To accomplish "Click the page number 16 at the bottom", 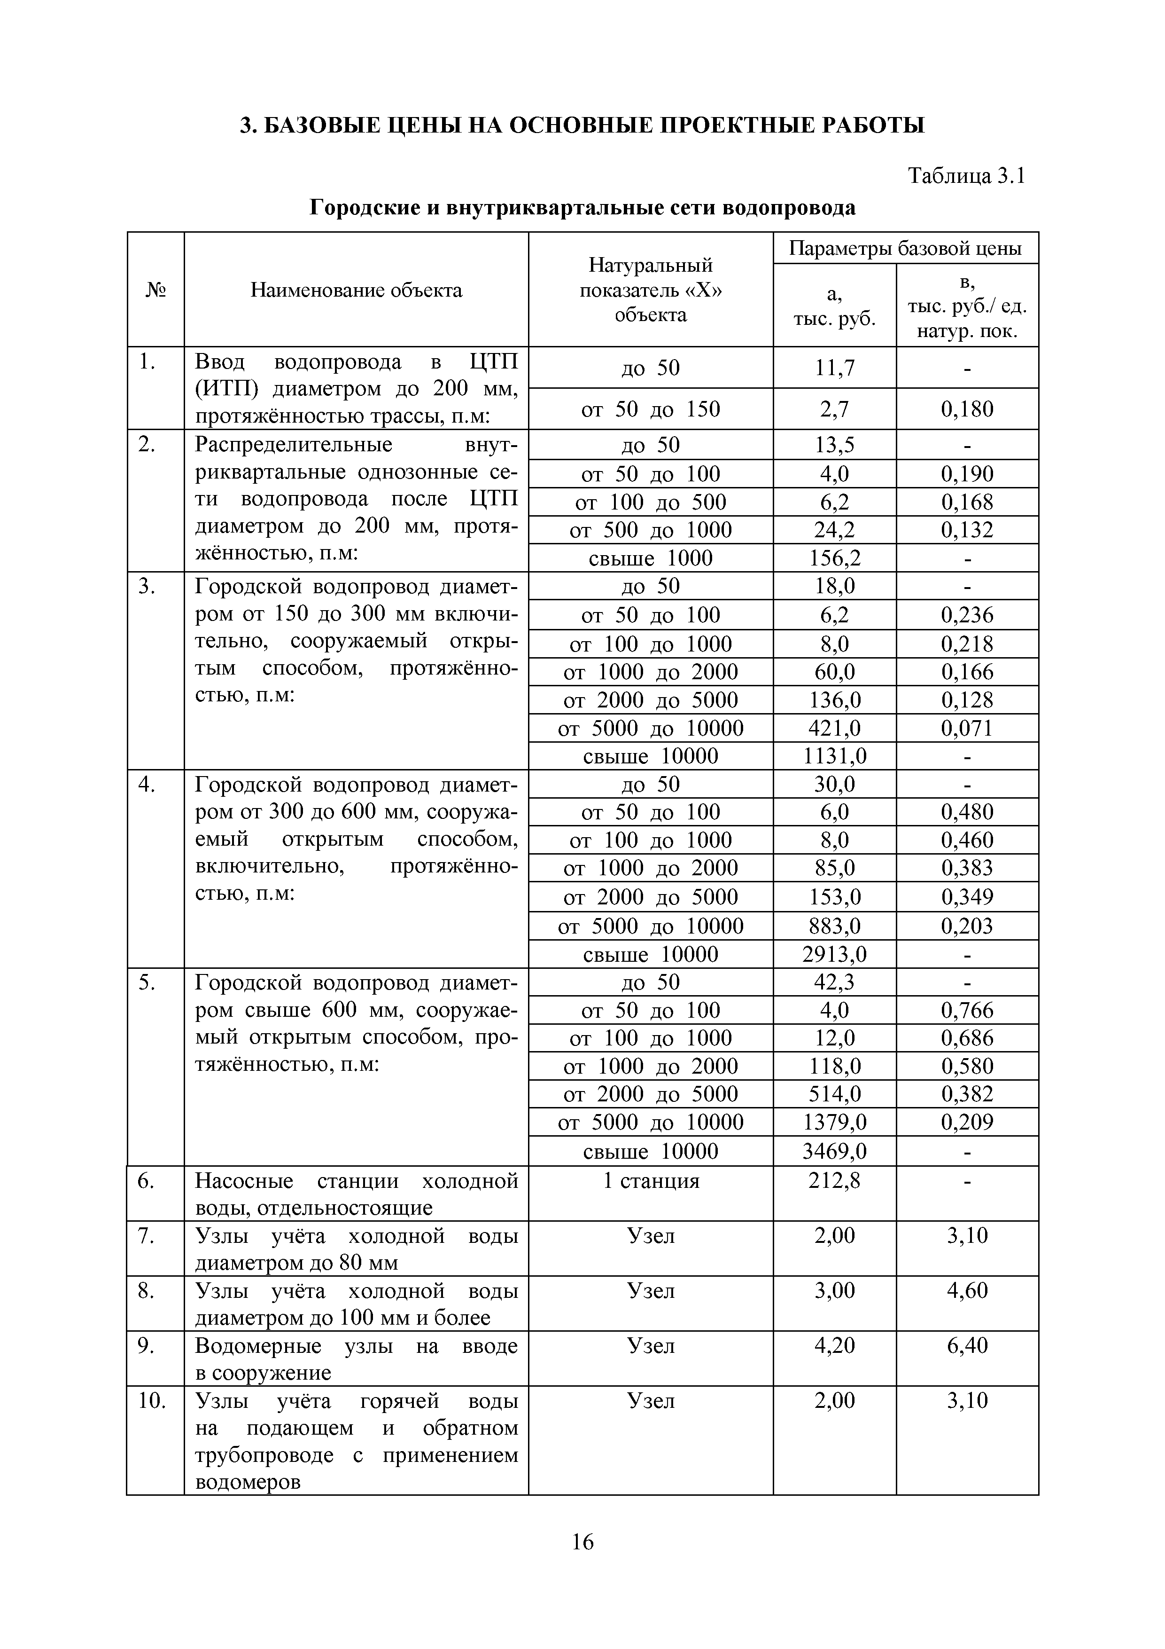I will [582, 1541].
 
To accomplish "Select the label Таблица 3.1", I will [966, 176].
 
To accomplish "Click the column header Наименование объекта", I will [356, 290].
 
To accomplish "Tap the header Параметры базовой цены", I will [905, 249].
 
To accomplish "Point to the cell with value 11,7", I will [834, 368].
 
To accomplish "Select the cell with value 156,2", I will [834, 558].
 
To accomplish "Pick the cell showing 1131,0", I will [834, 756].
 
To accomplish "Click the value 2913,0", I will [834, 955].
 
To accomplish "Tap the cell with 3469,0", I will [834, 1152].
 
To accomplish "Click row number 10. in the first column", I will [151, 1400].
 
